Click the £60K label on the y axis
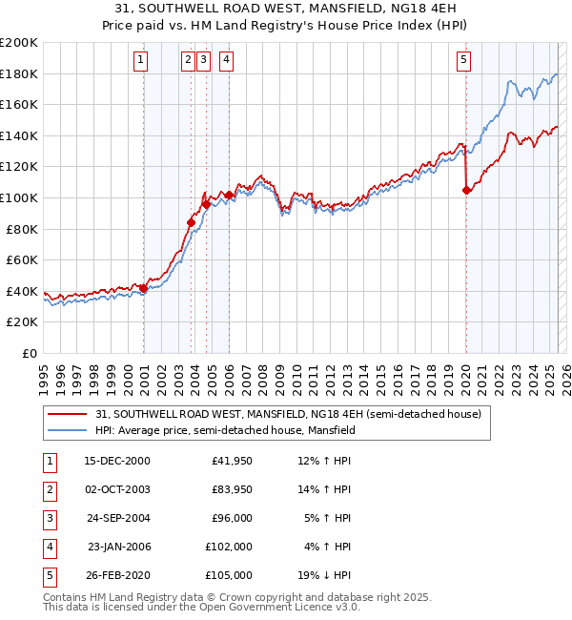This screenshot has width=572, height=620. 22,259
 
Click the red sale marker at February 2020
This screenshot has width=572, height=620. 466,190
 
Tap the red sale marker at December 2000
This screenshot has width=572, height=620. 144,288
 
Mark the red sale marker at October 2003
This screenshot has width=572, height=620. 191,223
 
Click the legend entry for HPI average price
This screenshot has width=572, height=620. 225,430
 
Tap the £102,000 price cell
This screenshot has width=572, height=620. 230,547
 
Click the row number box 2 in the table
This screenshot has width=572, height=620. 48,490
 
